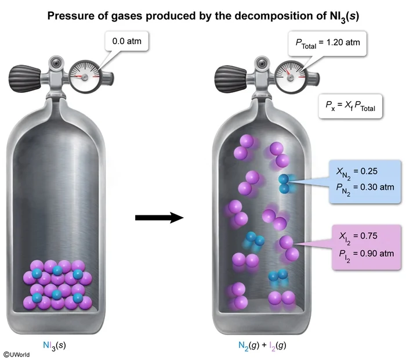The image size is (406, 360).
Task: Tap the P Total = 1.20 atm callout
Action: [328, 42]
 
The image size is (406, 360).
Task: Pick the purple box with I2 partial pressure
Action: [360, 247]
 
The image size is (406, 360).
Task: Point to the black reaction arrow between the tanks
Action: [159, 217]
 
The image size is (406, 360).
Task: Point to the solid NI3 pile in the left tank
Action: [56, 284]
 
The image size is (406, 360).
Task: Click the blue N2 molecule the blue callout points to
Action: [284, 183]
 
